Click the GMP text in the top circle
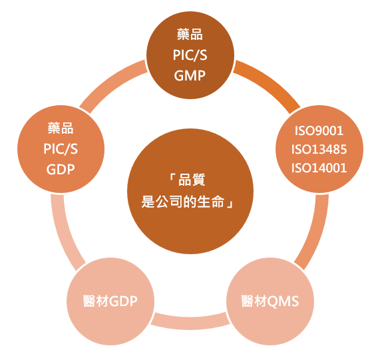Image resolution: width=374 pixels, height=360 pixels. [190, 76]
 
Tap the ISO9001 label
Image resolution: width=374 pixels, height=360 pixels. [319, 130]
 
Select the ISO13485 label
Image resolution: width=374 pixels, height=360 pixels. [319, 149]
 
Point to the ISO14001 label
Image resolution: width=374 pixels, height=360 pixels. [319, 168]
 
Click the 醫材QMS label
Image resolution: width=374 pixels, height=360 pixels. [270, 301]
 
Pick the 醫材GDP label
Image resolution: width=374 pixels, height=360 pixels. [110, 301]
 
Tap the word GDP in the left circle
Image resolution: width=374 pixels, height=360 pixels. [61, 170]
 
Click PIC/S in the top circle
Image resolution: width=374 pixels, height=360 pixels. [190, 55]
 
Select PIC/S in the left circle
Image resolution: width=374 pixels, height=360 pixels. [61, 149]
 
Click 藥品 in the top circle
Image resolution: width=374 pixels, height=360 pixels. [190, 34]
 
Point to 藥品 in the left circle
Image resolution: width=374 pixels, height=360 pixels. [61, 128]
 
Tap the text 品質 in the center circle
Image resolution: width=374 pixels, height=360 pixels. [192, 180]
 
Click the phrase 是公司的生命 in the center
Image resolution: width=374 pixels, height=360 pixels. [183, 202]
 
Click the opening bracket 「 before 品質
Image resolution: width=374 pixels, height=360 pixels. [172, 178]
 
